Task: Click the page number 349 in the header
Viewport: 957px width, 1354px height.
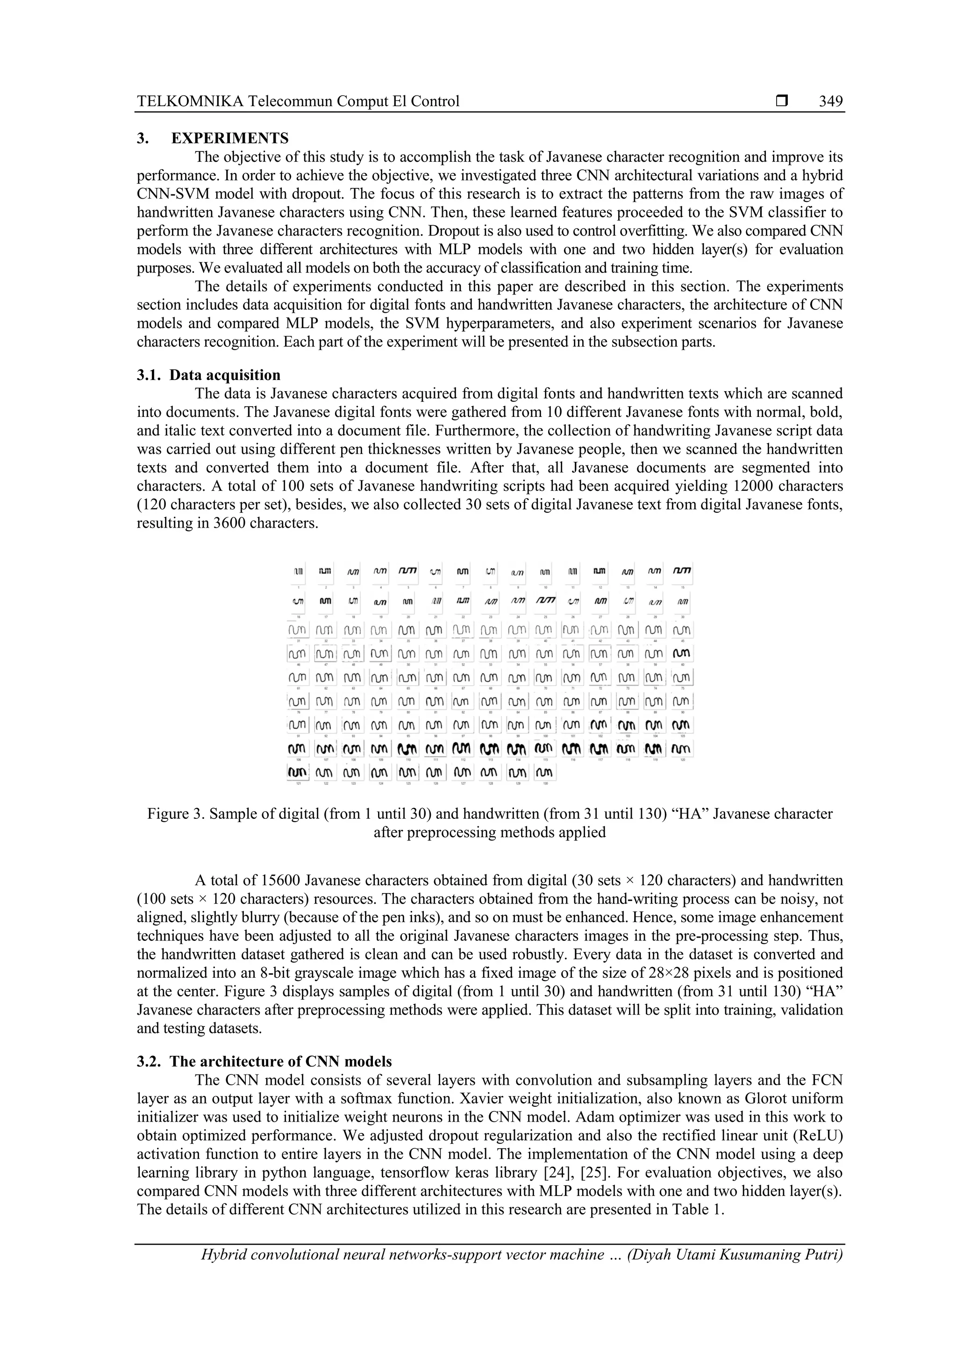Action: [x=831, y=101]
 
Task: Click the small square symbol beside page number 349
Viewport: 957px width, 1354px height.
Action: [x=782, y=101]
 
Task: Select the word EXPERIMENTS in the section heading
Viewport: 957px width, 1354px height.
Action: [x=230, y=139]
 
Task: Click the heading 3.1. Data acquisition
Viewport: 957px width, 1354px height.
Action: [x=209, y=376]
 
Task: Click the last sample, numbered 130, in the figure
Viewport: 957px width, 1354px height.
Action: [x=546, y=773]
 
